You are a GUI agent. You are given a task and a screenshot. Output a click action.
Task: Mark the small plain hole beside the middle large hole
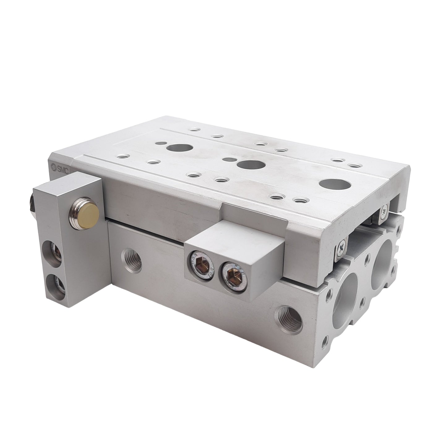click(x=229, y=160)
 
